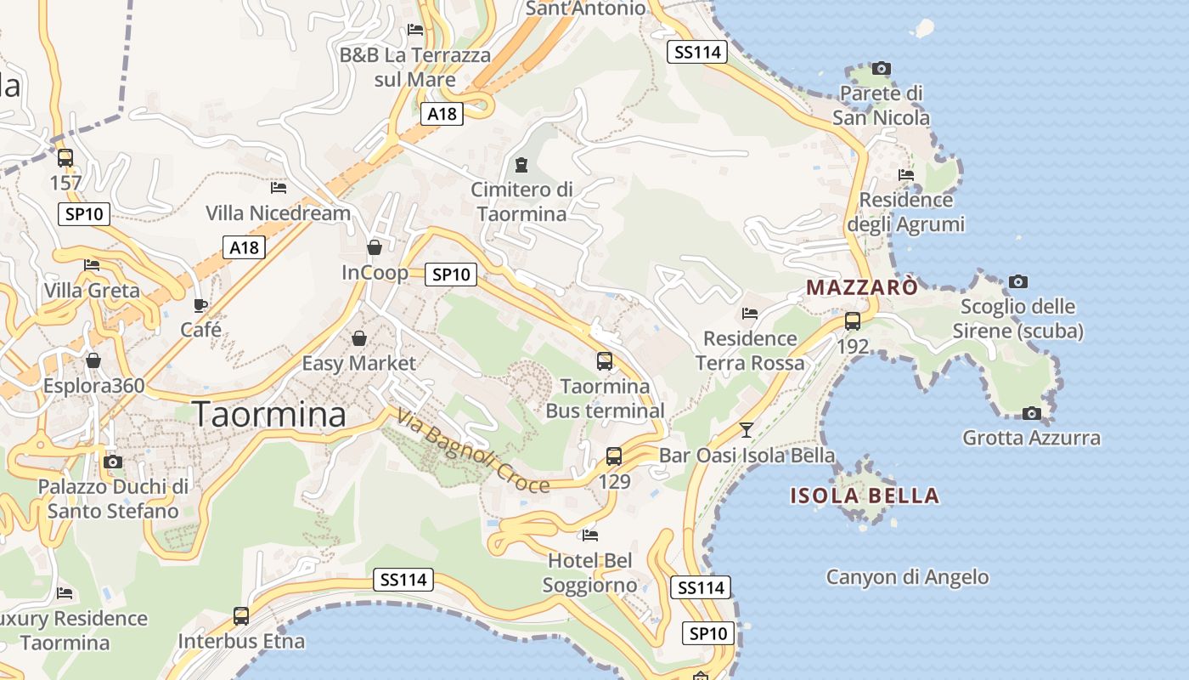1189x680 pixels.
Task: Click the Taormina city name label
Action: click(270, 414)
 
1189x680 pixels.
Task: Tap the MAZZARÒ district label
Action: click(861, 287)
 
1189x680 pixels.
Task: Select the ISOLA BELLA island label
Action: click(865, 496)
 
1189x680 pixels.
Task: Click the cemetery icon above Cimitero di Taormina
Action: click(521, 165)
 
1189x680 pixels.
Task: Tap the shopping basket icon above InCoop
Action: click(374, 247)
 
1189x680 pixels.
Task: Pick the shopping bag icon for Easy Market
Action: click(359, 338)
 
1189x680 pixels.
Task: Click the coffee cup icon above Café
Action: click(200, 305)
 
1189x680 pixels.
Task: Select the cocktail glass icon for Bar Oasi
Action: click(746, 430)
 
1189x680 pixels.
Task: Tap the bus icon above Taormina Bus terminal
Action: click(605, 361)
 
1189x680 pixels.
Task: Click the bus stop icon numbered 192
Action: click(852, 321)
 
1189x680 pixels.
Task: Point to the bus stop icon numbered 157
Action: click(65, 158)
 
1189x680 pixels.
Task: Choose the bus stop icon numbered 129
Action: click(614, 456)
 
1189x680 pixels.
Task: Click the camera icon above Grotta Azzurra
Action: click(1031, 413)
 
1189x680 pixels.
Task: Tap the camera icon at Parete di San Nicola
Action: click(882, 68)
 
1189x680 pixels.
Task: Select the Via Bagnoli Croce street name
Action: click(472, 451)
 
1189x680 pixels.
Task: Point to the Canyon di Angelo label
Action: click(907, 577)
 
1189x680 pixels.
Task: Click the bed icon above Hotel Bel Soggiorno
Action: click(590, 535)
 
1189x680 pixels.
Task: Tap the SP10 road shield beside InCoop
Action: click(450, 274)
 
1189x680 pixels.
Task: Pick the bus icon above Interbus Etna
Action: click(241, 615)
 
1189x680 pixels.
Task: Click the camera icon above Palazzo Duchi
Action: click(112, 462)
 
